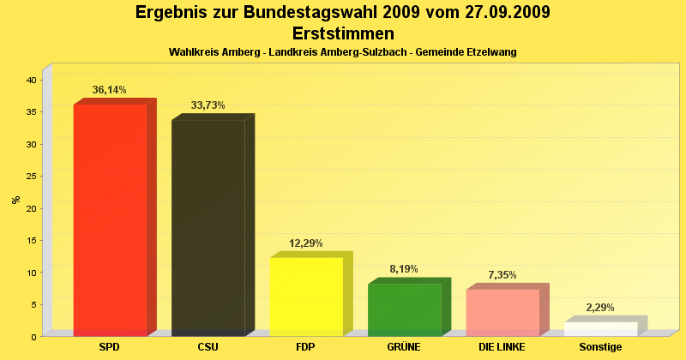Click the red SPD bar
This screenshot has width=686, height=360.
click(x=110, y=219)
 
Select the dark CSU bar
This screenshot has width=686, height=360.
click(x=208, y=227)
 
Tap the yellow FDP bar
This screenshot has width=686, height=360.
click(x=306, y=296)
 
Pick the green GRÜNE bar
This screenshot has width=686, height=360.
click(x=404, y=309)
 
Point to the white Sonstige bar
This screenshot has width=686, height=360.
click(x=600, y=328)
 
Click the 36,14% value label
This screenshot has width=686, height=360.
click(x=110, y=89)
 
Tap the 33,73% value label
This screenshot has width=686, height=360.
click(x=208, y=105)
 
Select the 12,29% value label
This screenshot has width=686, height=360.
click(x=306, y=243)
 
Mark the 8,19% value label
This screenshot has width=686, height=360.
click(x=404, y=269)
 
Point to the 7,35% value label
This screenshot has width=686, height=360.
click(x=502, y=275)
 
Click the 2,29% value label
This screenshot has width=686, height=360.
click(x=600, y=308)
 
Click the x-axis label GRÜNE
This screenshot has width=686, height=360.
click(x=404, y=347)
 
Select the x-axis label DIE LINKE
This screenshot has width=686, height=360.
click(x=502, y=347)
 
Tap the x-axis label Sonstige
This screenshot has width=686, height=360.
click(x=600, y=347)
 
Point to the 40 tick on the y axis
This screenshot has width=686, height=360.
click(x=30, y=80)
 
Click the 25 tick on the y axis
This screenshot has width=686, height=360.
click(x=30, y=176)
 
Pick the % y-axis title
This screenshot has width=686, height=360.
click(x=15, y=200)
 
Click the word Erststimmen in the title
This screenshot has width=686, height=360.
click(x=343, y=34)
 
